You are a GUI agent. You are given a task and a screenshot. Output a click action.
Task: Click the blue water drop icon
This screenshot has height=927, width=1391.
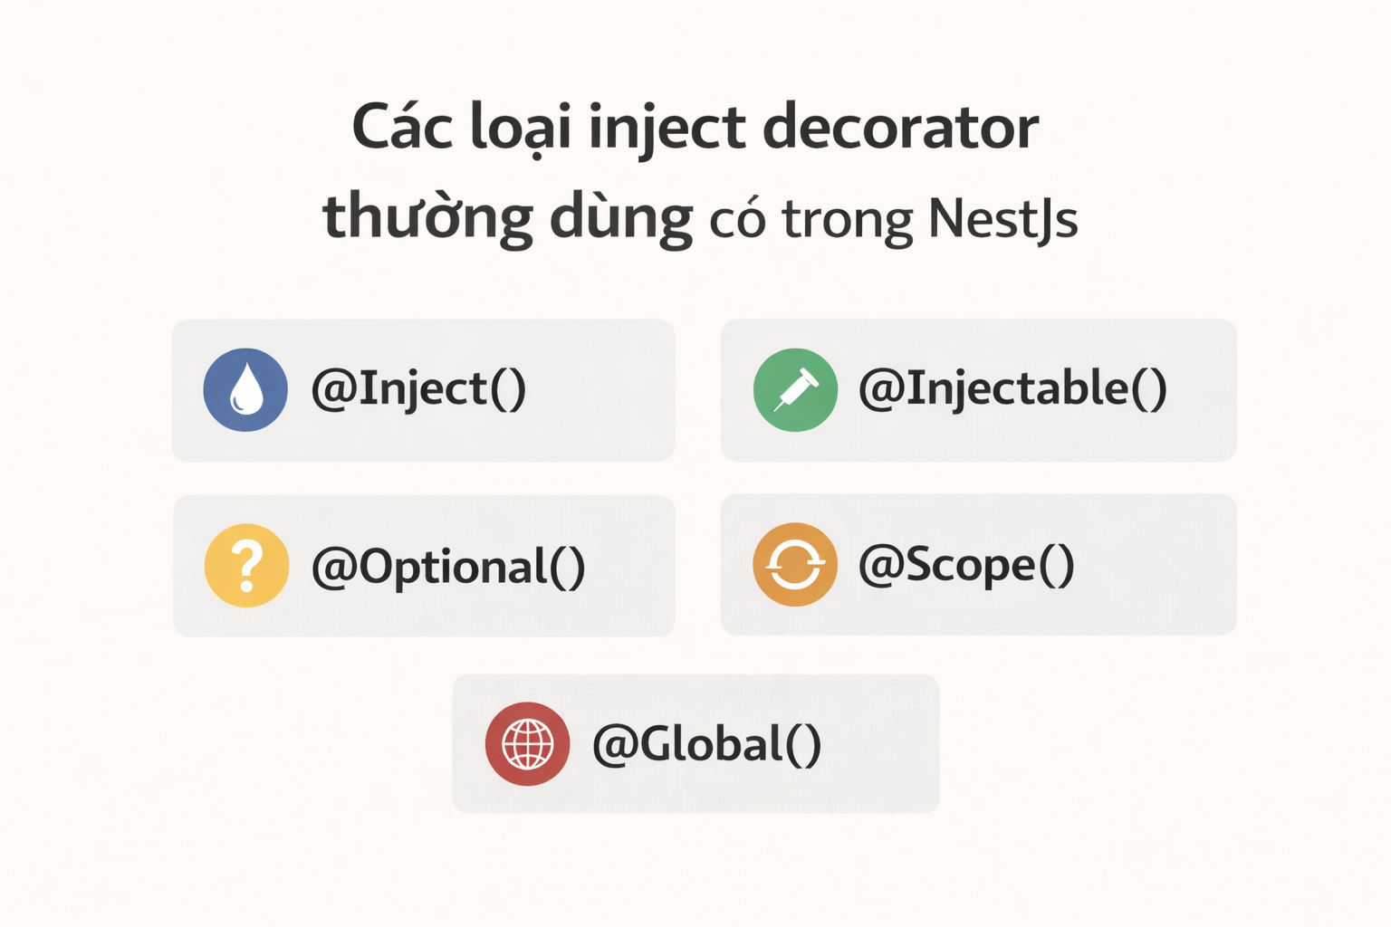[x=245, y=390]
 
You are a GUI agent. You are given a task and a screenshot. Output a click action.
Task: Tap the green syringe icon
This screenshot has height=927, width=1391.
[x=795, y=390]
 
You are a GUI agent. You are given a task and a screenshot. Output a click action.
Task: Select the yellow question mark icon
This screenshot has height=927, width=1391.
[x=246, y=566]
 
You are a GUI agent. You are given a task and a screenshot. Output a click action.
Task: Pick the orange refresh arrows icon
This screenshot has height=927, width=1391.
[x=795, y=565]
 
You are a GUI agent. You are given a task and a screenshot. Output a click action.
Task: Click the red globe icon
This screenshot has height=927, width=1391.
[x=527, y=743]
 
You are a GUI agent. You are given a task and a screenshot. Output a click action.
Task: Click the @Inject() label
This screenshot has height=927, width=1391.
[x=418, y=390]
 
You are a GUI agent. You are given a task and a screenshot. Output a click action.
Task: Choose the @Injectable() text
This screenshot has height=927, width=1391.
[x=1012, y=390]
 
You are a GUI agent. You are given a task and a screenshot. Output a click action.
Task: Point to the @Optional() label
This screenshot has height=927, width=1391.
[x=448, y=568]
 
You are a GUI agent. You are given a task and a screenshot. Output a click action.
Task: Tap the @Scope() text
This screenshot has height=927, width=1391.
[x=966, y=566]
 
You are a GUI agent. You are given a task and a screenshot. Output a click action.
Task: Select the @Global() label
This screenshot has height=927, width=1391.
[x=706, y=744]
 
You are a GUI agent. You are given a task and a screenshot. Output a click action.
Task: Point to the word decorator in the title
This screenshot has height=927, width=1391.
[x=900, y=128]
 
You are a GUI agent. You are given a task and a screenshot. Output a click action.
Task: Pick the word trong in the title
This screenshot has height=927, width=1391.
[x=848, y=220]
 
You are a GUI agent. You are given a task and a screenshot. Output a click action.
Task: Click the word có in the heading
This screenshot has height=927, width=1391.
[x=737, y=220]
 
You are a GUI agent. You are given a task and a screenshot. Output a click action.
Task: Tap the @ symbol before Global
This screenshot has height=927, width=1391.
[x=614, y=745]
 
